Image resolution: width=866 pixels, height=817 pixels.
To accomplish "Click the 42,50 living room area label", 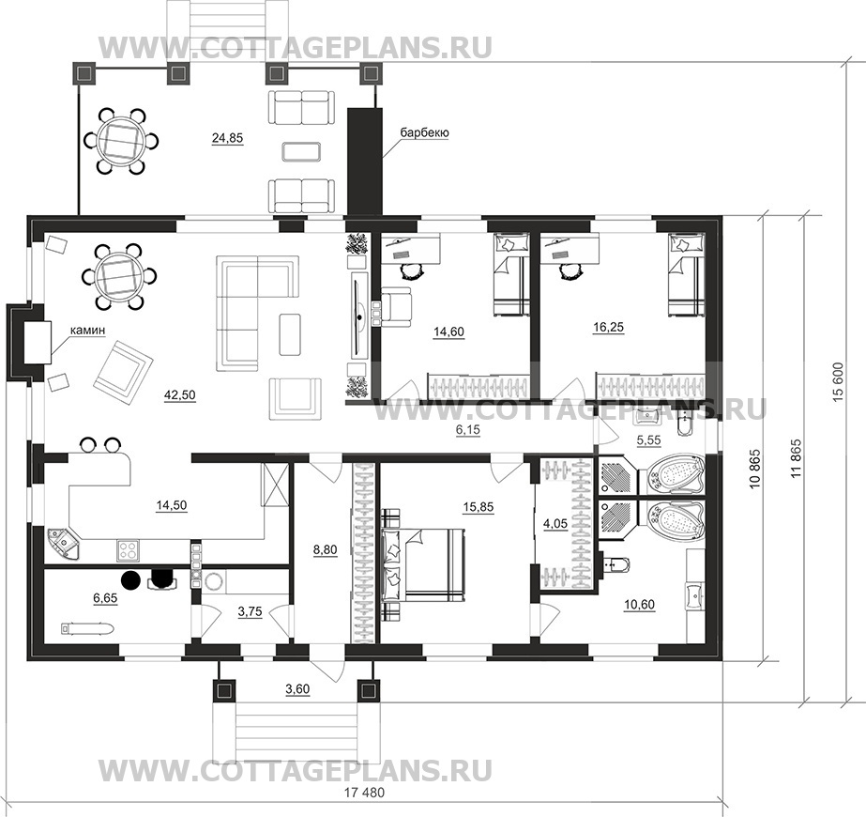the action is (x=179, y=395).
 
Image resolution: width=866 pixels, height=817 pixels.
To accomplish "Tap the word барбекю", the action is (x=424, y=132).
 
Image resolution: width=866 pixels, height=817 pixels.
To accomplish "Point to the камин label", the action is (x=87, y=330).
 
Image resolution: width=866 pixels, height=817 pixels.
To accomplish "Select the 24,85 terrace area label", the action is (x=228, y=138).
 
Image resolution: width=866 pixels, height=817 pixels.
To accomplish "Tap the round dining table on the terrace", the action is (x=120, y=141).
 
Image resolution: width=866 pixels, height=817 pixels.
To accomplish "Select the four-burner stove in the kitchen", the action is (x=129, y=550).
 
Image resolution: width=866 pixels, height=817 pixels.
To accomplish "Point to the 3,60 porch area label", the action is (x=297, y=689).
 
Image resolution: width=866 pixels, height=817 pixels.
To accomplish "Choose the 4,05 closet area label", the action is (x=555, y=523).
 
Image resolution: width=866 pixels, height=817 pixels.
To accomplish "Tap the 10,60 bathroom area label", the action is (x=639, y=606).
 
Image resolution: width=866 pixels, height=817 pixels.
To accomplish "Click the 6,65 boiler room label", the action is (x=105, y=597).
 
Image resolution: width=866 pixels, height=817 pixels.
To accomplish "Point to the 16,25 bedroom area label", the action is (x=608, y=328).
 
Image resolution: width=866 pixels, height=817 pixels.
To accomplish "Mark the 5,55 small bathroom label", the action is (x=649, y=440).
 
